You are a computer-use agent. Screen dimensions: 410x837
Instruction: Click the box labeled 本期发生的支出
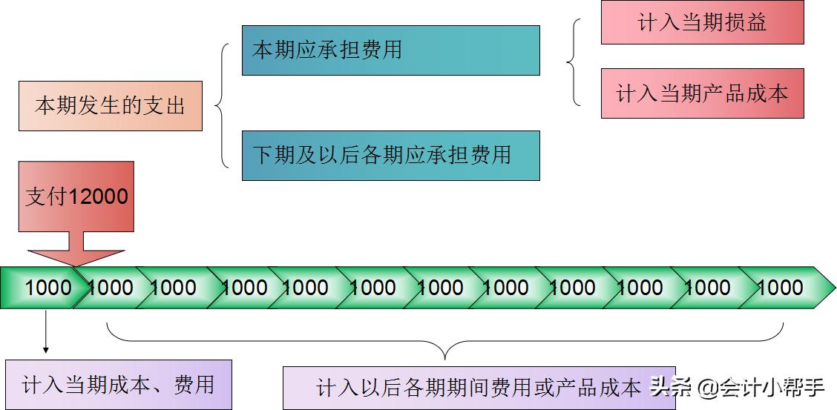tap(110, 106)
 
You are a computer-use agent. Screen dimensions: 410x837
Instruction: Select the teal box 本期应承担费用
tap(390, 50)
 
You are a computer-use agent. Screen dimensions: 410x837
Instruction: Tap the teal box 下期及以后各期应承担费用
tap(390, 156)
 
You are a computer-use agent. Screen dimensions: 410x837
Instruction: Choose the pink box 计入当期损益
tap(702, 22)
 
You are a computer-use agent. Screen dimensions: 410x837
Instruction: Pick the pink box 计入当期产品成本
tap(702, 93)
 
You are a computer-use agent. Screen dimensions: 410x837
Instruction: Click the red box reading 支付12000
tap(76, 196)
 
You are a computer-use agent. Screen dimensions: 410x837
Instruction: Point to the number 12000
tap(99, 196)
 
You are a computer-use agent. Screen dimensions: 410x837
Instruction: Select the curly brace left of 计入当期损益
tap(574, 62)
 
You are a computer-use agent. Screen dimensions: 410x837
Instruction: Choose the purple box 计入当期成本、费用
tap(118, 384)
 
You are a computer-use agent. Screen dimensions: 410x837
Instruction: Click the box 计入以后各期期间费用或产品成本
tap(479, 387)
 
